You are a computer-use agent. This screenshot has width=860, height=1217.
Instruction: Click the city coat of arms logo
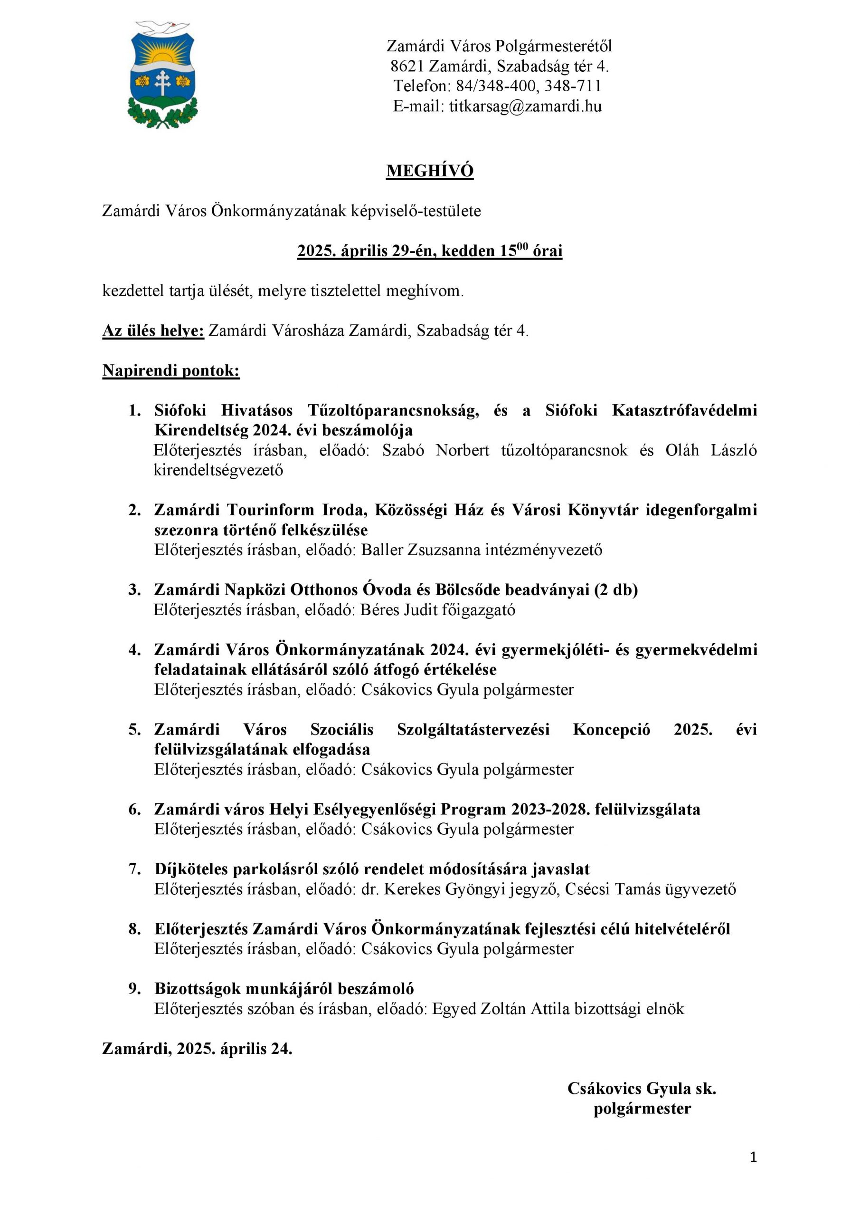point(162,74)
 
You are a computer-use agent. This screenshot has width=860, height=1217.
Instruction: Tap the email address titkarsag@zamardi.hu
point(525,106)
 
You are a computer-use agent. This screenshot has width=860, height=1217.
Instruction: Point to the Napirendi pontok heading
point(171,370)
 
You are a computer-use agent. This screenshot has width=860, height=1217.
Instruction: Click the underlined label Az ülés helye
point(153,331)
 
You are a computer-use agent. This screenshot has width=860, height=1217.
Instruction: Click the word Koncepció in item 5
point(611,729)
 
